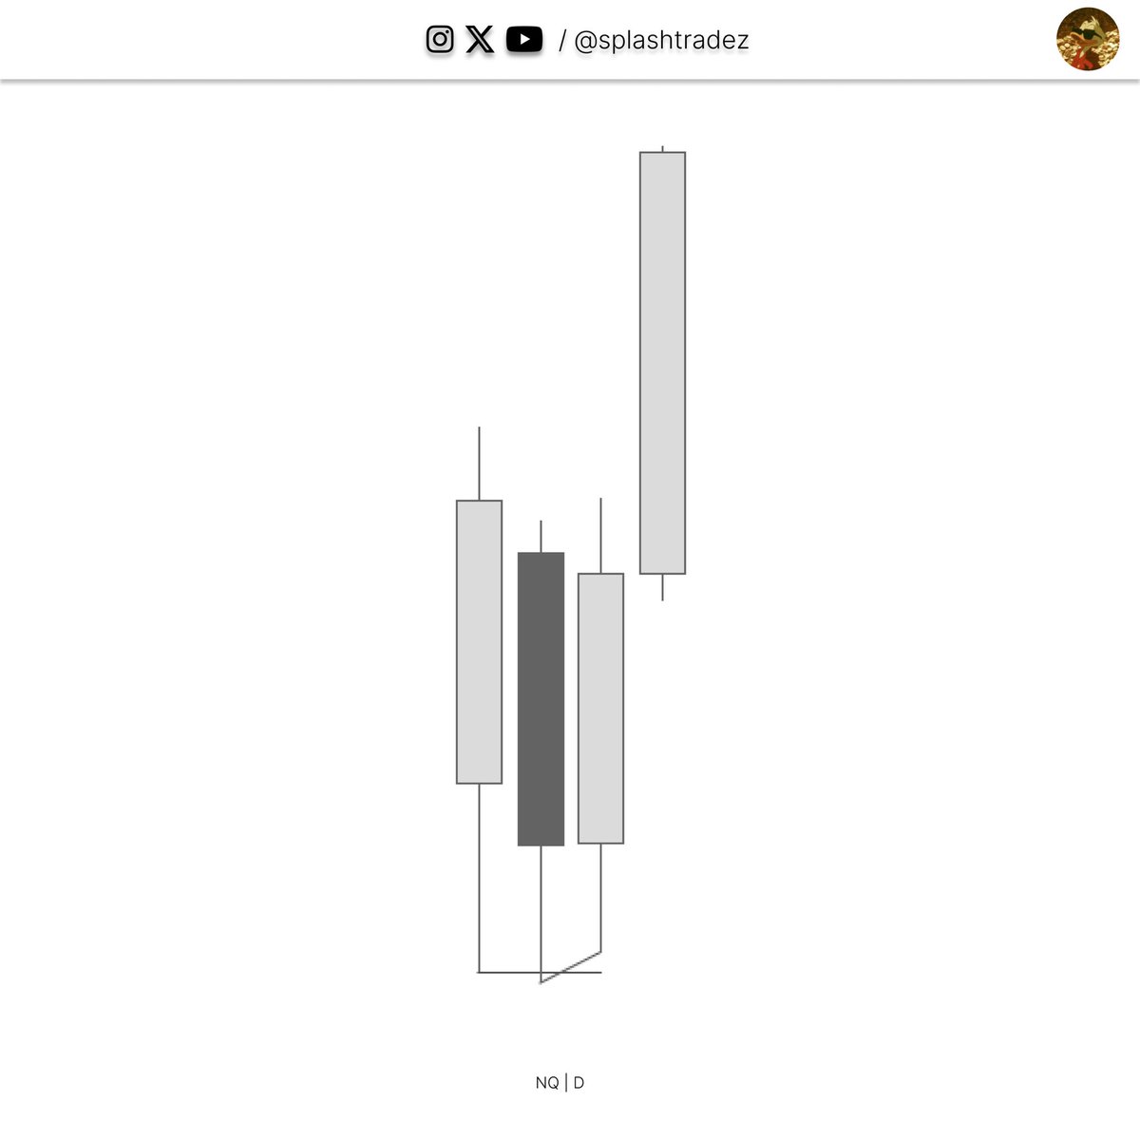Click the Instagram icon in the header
pyautogui.click(x=440, y=40)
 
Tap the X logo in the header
pyautogui.click(x=479, y=40)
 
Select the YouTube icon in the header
pyautogui.click(x=524, y=40)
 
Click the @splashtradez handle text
pyautogui.click(x=661, y=40)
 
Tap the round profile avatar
pyautogui.click(x=1088, y=39)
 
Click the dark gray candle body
pyautogui.click(x=541, y=698)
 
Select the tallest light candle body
pyautogui.click(x=662, y=363)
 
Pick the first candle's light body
pyautogui.click(x=479, y=642)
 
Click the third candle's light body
pyautogui.click(x=600, y=708)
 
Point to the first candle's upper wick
pyautogui.click(x=479, y=464)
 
